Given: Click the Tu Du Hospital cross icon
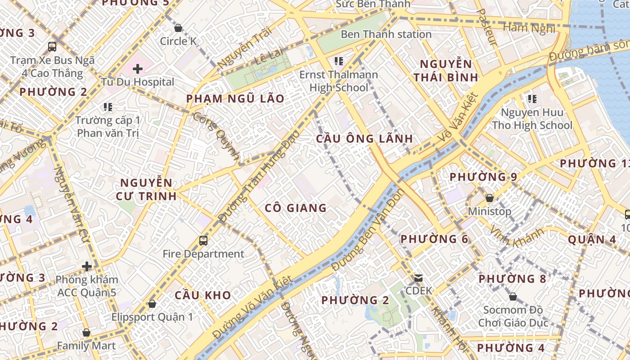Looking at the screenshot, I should pyautogui.click(x=138, y=69).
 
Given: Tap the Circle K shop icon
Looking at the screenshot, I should pyautogui.click(x=178, y=28).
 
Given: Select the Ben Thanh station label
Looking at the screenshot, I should pyautogui.click(x=386, y=34).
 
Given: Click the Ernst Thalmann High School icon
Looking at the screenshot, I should pyautogui.click(x=339, y=61).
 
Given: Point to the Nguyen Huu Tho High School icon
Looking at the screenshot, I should pyautogui.click(x=532, y=99).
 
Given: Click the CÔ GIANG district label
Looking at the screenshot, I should pyautogui.click(x=296, y=208).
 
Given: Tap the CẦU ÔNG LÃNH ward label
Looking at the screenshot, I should pyautogui.click(x=364, y=138).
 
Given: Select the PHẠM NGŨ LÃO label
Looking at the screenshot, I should pyautogui.click(x=235, y=99).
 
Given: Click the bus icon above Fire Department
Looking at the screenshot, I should pyautogui.click(x=203, y=240).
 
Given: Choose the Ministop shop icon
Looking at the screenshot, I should pyautogui.click(x=490, y=198).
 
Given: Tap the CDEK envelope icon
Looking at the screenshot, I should pyautogui.click(x=418, y=278).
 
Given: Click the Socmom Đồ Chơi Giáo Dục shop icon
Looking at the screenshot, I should pyautogui.click(x=513, y=297).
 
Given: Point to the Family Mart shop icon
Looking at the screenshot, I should pyautogui.click(x=86, y=333).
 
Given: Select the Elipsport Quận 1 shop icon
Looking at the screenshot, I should pyautogui.click(x=152, y=304).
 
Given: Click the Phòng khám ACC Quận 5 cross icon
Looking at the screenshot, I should pyautogui.click(x=87, y=266).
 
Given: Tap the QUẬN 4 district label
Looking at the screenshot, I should pyautogui.click(x=592, y=239).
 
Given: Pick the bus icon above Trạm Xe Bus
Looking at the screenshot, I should pyautogui.click(x=52, y=46).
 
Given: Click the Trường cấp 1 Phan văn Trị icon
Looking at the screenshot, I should pyautogui.click(x=108, y=107).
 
